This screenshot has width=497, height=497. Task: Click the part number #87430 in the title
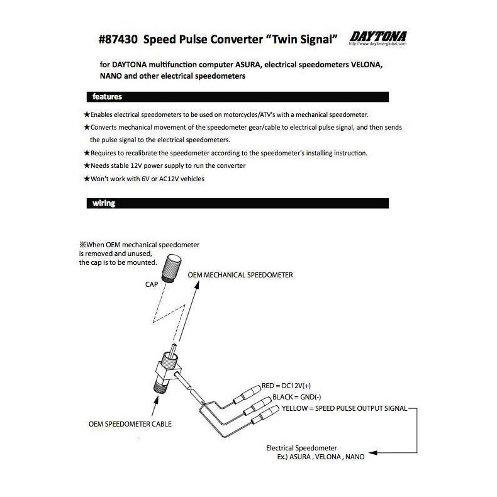click(119, 40)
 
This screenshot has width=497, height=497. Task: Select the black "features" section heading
click(107, 97)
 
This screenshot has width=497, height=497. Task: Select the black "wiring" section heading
click(103, 203)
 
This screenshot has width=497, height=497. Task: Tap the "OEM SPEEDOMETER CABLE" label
click(130, 423)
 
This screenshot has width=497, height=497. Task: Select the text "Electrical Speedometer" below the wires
click(302, 447)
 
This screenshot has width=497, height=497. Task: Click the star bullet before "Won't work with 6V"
click(87, 179)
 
